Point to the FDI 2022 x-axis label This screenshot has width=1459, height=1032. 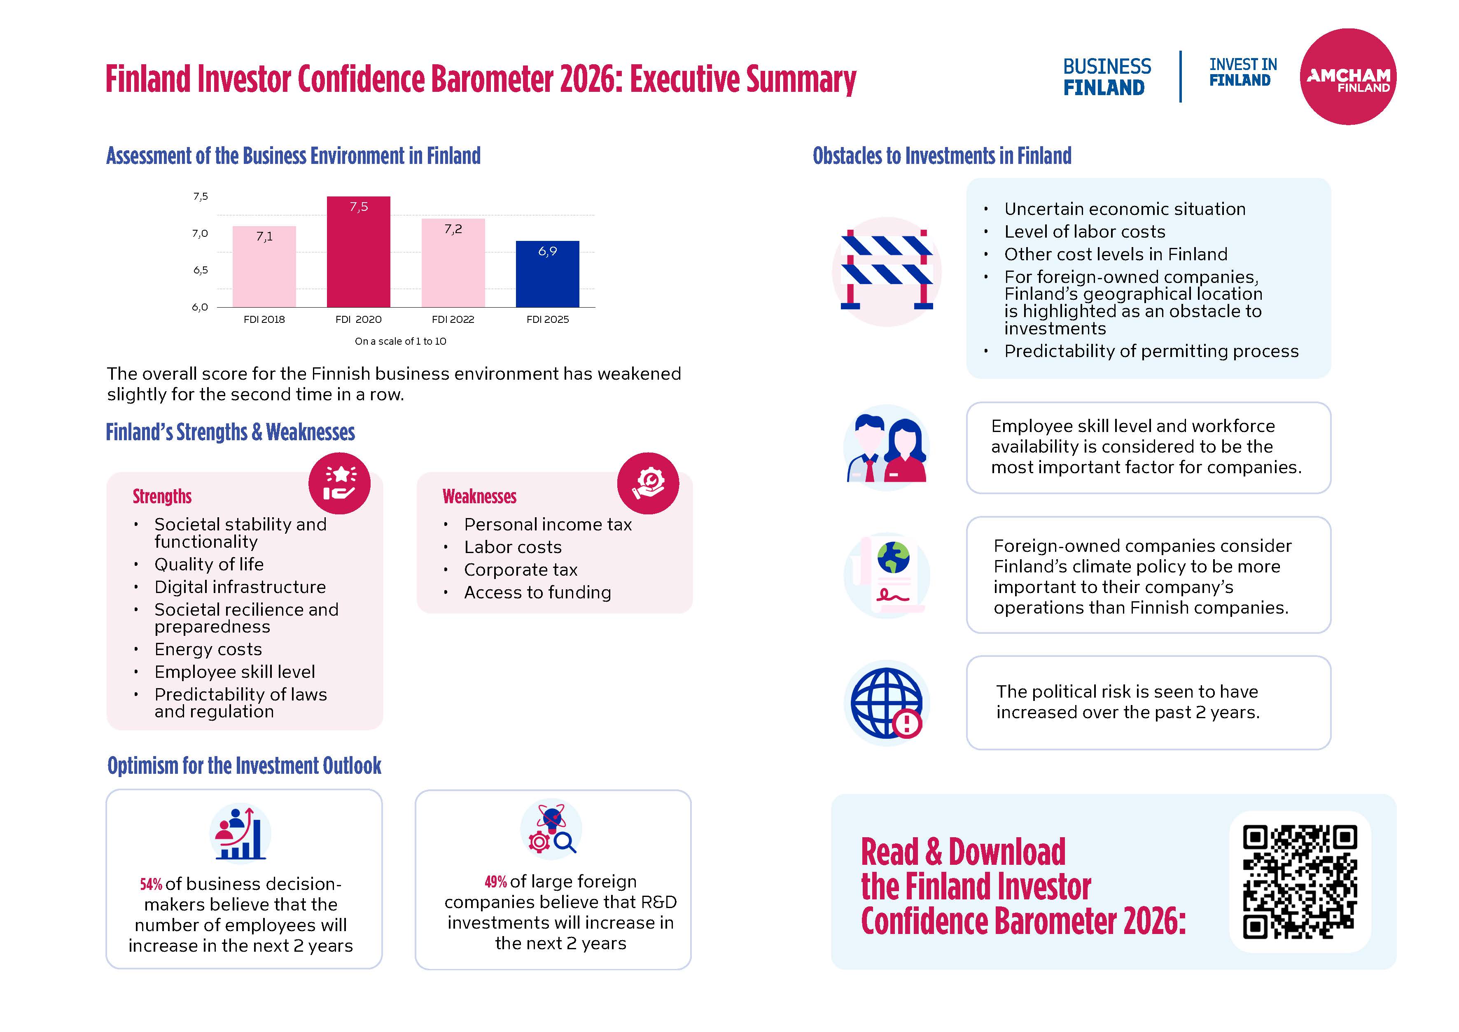click(x=453, y=320)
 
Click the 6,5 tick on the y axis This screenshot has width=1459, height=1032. click(x=200, y=271)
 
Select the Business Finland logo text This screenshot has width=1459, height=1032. click(x=1107, y=77)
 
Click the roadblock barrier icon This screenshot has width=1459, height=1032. click(x=887, y=272)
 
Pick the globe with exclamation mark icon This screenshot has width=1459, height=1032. click(x=887, y=703)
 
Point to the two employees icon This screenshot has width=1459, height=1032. click(x=887, y=448)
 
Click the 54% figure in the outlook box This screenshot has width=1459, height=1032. click(x=151, y=885)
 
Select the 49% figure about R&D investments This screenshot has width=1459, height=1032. click(x=496, y=882)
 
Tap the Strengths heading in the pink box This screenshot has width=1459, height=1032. click(x=162, y=496)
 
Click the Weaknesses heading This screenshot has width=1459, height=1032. click(x=479, y=496)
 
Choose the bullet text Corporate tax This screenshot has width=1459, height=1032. click(x=521, y=570)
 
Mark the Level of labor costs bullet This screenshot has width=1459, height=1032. click(x=1084, y=232)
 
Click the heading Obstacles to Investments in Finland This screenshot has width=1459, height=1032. click(x=942, y=156)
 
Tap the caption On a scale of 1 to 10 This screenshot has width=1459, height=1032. click(x=400, y=341)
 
